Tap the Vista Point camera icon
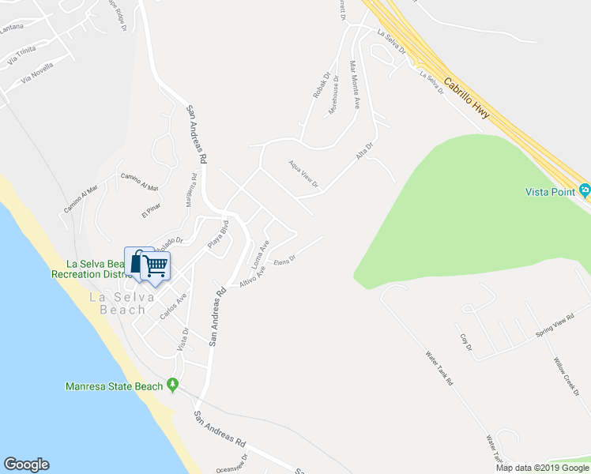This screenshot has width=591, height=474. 584,190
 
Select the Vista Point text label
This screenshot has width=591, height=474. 550,192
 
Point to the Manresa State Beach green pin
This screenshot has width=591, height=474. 173,386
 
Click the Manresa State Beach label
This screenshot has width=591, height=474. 114,386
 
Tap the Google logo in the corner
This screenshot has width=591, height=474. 26,465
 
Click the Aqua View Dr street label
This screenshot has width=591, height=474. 303,175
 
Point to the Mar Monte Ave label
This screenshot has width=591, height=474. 356,85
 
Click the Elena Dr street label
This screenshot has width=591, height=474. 284,260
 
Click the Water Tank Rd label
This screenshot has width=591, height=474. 439,368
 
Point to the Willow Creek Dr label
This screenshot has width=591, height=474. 567,376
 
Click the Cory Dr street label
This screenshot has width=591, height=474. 465,342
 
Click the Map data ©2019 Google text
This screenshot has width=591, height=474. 542,468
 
